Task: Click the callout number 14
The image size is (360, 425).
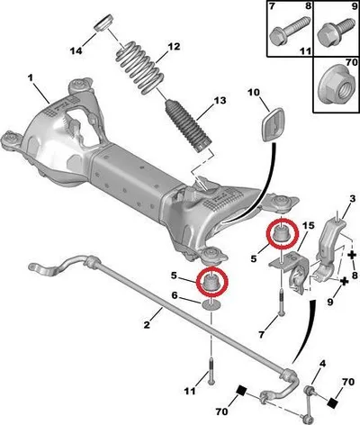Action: click(x=76, y=50)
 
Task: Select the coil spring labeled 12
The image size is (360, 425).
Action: click(x=139, y=68)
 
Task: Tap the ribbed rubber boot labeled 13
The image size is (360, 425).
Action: click(x=188, y=126)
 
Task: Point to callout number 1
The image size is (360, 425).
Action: click(x=30, y=78)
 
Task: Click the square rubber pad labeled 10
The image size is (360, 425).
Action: click(x=274, y=124)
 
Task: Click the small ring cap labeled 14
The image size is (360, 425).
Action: click(x=103, y=23)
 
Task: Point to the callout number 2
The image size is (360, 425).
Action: click(x=147, y=324)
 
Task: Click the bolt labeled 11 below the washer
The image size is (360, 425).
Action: click(x=211, y=370)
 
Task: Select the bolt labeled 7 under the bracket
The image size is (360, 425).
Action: click(x=281, y=303)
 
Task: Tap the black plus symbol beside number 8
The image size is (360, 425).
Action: click(x=352, y=256)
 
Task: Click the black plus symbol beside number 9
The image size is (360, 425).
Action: click(x=345, y=281)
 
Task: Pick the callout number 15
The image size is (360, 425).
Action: click(x=308, y=225)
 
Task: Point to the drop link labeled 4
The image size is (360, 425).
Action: click(x=309, y=403)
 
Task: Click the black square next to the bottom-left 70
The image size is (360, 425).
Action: click(x=241, y=391)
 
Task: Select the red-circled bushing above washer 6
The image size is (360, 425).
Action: click(x=212, y=282)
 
